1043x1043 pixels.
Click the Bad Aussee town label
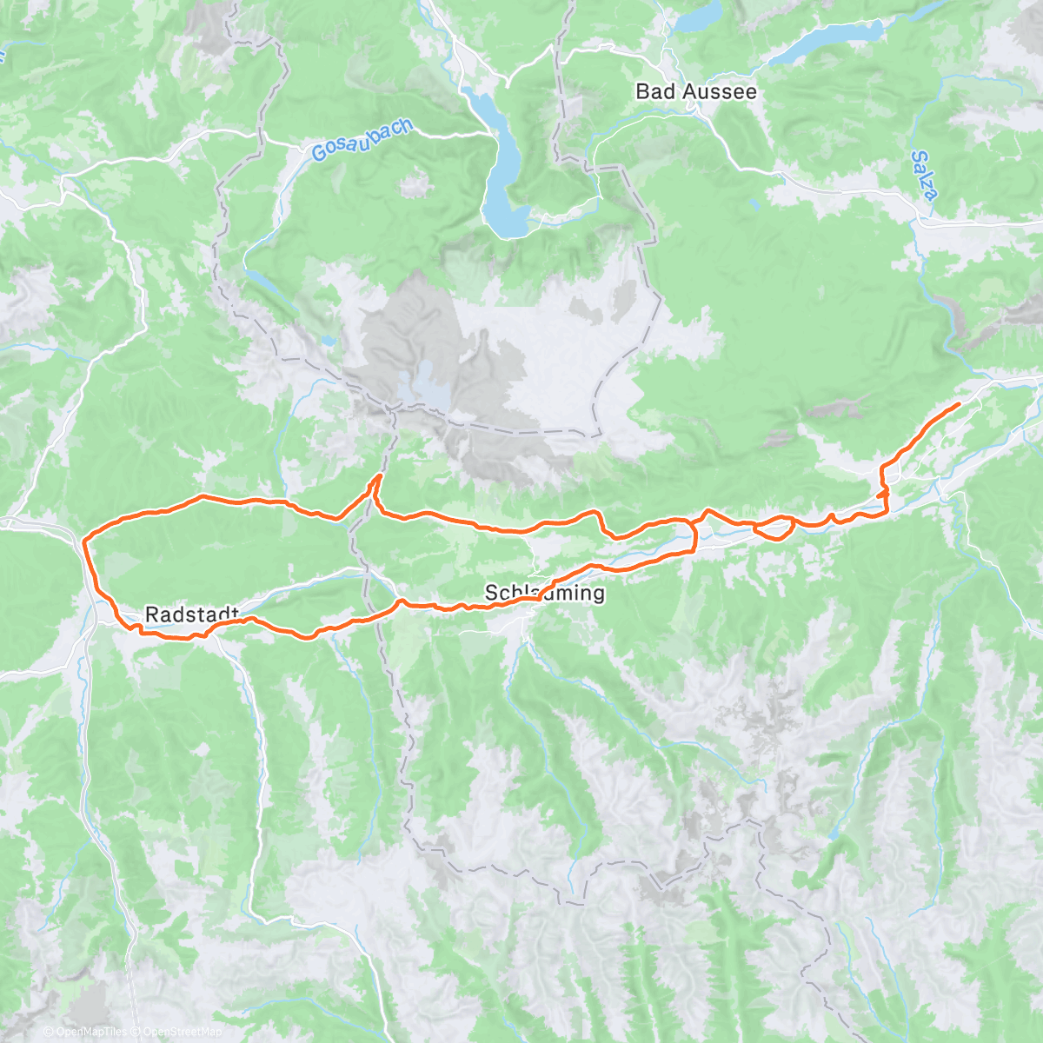(695, 91)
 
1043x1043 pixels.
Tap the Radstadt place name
(191, 615)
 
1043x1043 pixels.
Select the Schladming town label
(544, 594)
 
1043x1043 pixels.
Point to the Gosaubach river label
(362, 140)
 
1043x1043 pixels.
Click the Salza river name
(925, 176)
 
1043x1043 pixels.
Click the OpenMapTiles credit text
(91, 1033)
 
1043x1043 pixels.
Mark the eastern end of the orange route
(958, 404)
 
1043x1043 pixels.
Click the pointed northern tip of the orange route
(379, 475)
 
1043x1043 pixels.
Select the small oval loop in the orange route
(774, 527)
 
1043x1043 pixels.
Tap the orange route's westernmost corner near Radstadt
(83, 542)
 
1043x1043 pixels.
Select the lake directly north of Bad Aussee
(700, 15)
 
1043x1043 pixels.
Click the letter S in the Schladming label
(491, 594)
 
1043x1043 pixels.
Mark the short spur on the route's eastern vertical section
(885, 493)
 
